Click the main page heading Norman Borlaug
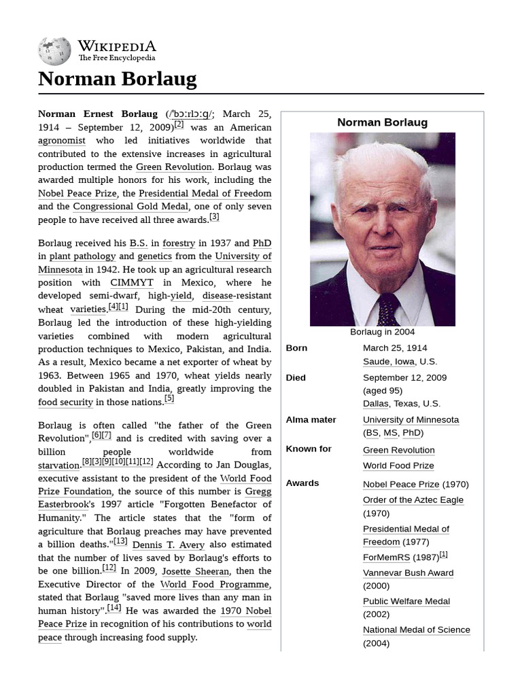click(x=117, y=79)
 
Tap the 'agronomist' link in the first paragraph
click(x=62, y=141)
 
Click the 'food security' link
click(x=65, y=402)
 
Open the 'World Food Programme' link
click(x=215, y=585)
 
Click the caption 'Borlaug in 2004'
click(x=382, y=332)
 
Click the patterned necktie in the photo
click(x=388, y=309)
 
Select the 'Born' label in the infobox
click(x=296, y=348)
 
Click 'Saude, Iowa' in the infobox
click(x=389, y=362)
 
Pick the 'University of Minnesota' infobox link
click(x=411, y=420)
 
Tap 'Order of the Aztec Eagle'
click(x=413, y=500)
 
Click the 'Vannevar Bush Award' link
click(x=408, y=573)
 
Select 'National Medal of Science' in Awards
click(x=416, y=630)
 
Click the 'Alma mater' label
click(x=311, y=420)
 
